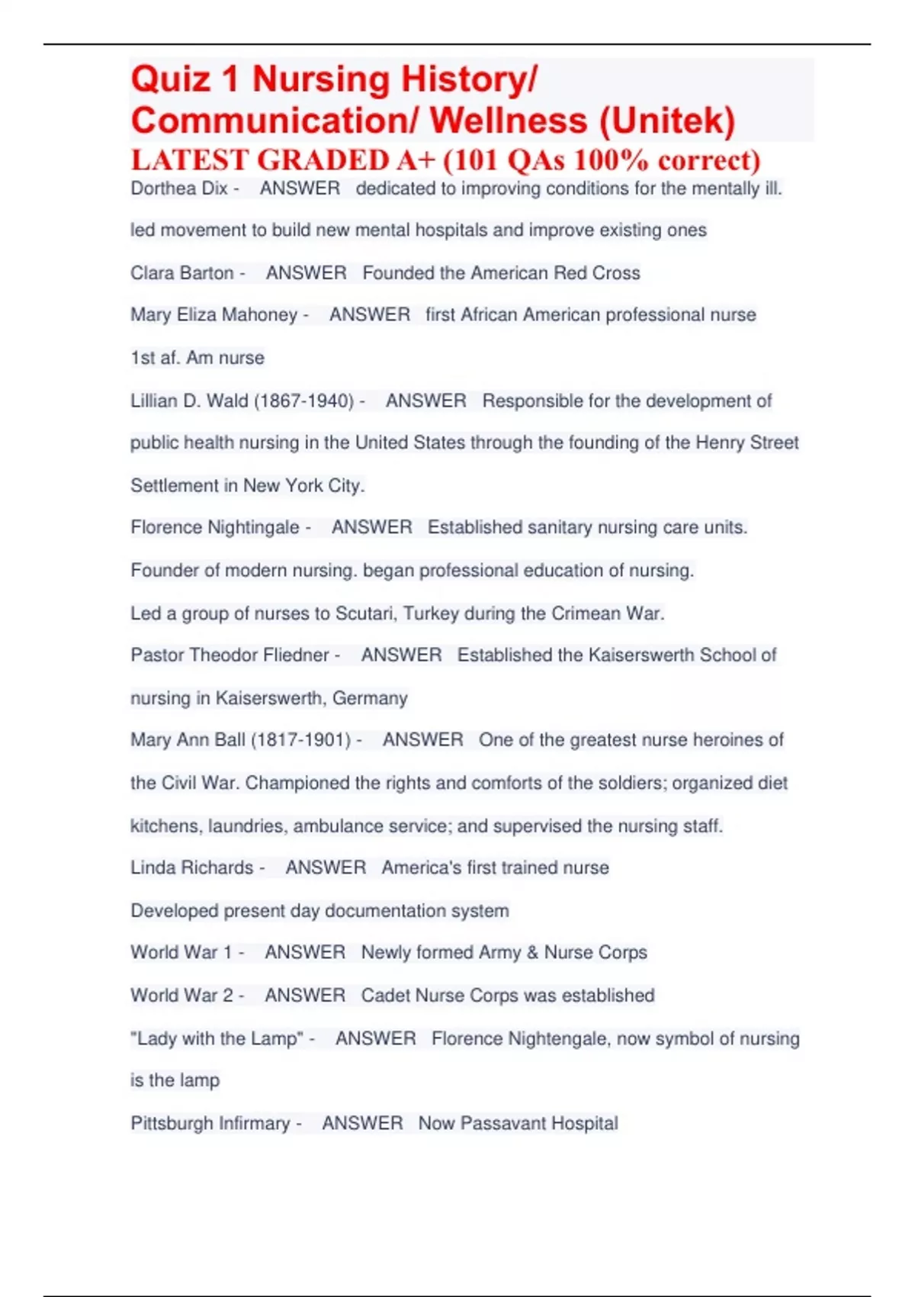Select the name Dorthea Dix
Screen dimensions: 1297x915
[179, 188]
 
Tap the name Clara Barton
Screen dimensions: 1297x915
[182, 273]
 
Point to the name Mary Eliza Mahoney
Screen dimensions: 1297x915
[214, 315]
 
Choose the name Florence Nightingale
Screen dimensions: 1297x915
[215, 527]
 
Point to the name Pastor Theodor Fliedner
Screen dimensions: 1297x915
[230, 655]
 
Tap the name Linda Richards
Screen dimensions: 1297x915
[191, 867]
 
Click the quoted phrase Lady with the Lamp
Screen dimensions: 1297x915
[217, 1038]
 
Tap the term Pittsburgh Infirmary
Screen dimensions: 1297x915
[210, 1123]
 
